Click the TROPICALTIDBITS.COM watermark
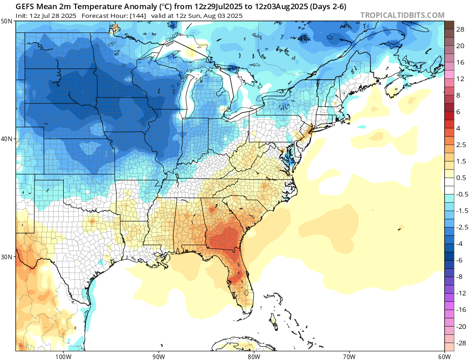pyautogui.click(x=402, y=15)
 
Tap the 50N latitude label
pyautogui.click(x=7, y=22)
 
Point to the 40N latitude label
pyautogui.click(x=7, y=139)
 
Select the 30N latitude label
pyautogui.click(x=7, y=256)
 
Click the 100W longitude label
pyautogui.click(x=63, y=356)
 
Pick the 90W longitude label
pyautogui.click(x=158, y=356)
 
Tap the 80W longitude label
pyautogui.click(x=254, y=356)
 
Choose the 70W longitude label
pyautogui.click(x=349, y=356)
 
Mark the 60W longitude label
pyautogui.click(x=444, y=356)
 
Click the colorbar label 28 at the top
pyautogui.click(x=461, y=29)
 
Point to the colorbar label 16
pyautogui.click(x=461, y=62)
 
